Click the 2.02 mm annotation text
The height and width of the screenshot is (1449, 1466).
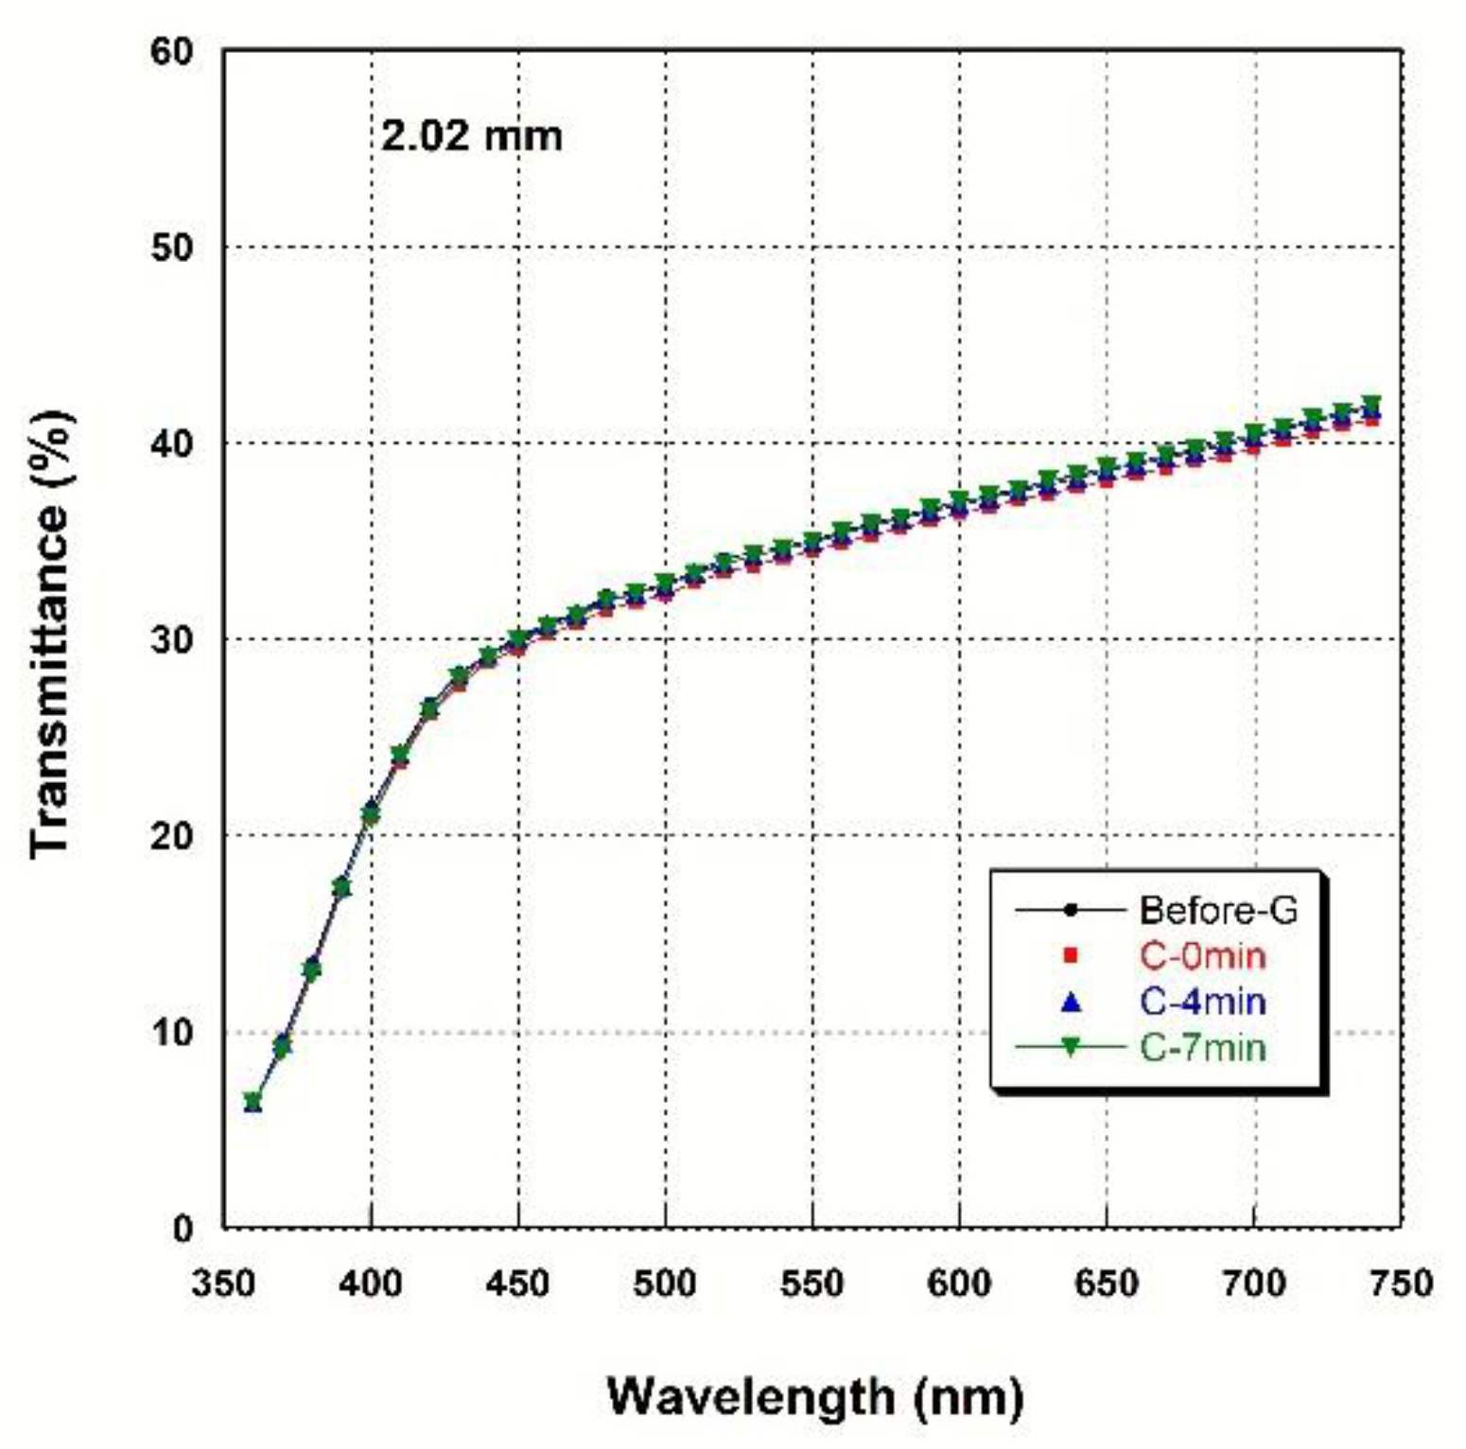pos(471,135)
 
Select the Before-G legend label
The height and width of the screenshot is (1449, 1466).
pos(1218,910)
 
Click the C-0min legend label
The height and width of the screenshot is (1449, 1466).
pos(1202,955)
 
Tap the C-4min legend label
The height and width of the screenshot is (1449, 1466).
pos(1202,1001)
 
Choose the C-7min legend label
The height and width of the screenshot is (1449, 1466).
pos(1202,1047)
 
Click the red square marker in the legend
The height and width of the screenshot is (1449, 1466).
pos(1071,955)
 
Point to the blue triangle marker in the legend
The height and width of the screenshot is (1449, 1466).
pos(1071,1001)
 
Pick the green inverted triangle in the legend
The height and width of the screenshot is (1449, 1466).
pos(1071,1047)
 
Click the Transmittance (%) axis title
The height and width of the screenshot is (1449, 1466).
pos(51,634)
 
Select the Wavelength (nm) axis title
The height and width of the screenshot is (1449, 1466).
pos(814,1396)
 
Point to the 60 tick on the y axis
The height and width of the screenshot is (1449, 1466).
pos(171,51)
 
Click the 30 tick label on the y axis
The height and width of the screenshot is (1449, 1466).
pos(171,639)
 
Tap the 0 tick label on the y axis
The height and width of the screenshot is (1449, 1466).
pos(183,1229)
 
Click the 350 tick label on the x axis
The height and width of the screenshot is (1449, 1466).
pos(223,1283)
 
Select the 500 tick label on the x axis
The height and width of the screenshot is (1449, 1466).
pos(665,1283)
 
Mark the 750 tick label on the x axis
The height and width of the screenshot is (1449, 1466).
pos(1401,1283)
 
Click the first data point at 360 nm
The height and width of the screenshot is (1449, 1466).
pos(253,1102)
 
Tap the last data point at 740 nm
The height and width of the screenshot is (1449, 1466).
pos(1370,410)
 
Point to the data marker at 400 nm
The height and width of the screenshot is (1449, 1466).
pos(371,812)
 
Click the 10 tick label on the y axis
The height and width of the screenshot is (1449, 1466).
pos(171,1032)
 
